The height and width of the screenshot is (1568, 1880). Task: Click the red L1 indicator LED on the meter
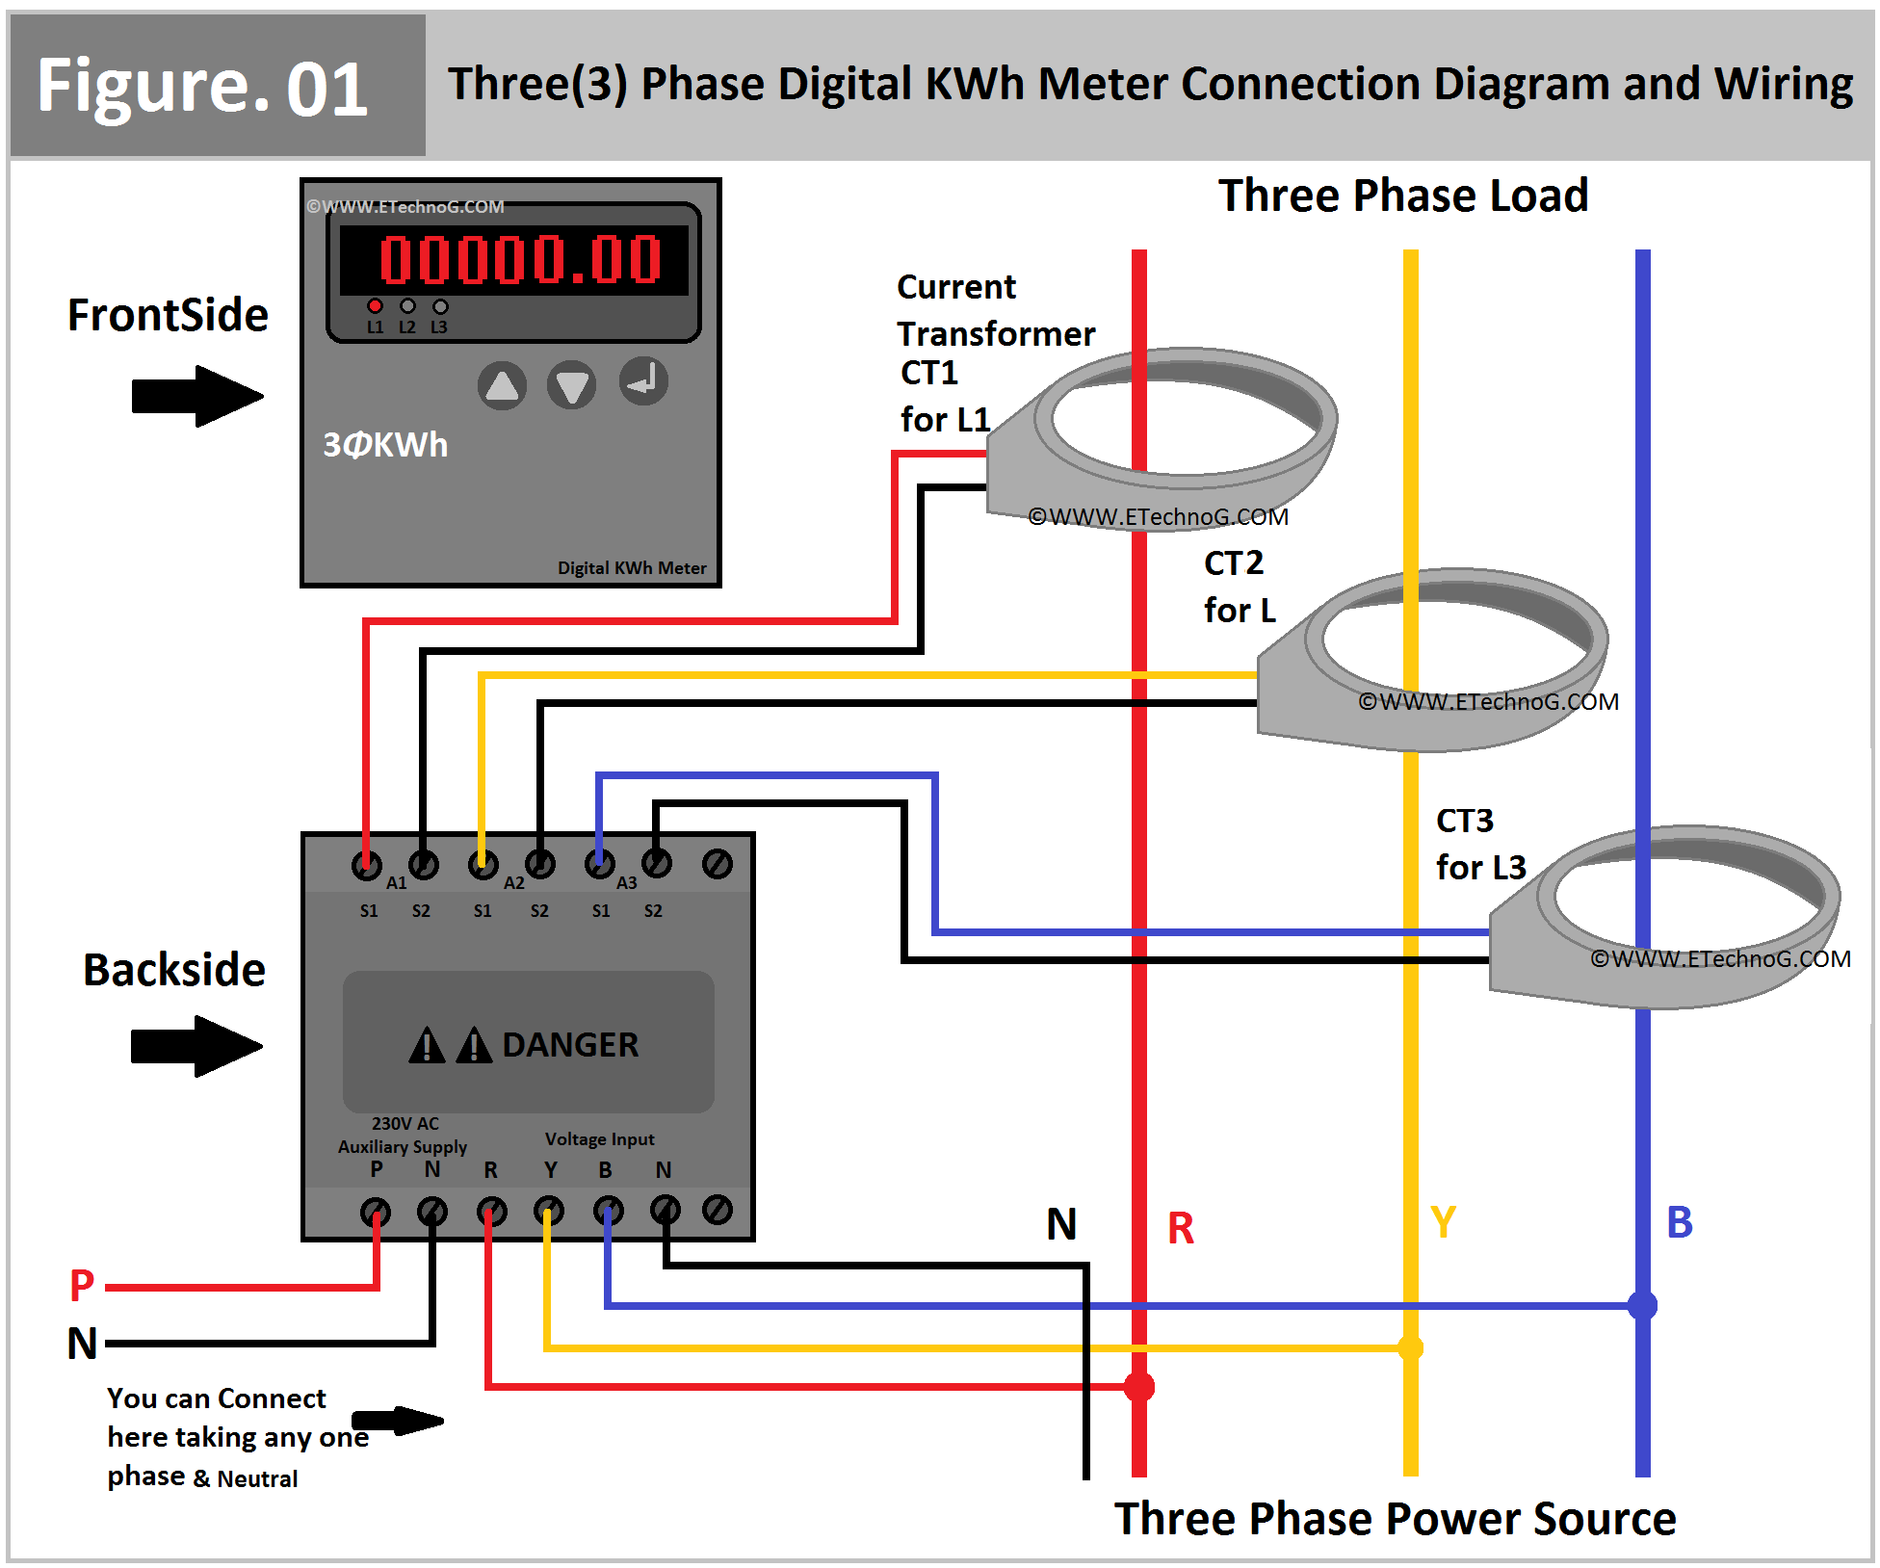pos(376,305)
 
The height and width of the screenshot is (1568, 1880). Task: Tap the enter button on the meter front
pos(643,381)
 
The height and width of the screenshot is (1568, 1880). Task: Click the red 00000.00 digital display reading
pos(520,259)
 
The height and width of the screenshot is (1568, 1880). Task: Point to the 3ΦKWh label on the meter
pos(385,445)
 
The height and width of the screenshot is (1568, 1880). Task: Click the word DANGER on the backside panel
pos(570,1045)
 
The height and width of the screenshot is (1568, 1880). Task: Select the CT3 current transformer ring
pos(1676,915)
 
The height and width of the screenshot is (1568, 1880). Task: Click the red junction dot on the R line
pos(1139,1387)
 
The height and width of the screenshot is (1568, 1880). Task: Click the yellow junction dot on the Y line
pos(1411,1347)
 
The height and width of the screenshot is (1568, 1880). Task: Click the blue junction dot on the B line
pos(1643,1306)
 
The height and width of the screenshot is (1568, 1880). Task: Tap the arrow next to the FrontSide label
pos(197,396)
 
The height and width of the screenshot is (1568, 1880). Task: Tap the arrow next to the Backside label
pos(196,1046)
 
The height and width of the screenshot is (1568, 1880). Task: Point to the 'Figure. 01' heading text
pos(202,87)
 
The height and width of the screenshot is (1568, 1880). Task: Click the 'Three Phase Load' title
pos(1403,196)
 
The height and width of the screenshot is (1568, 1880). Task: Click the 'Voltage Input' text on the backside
pos(599,1139)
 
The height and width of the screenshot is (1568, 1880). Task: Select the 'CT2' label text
pos(1234,563)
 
